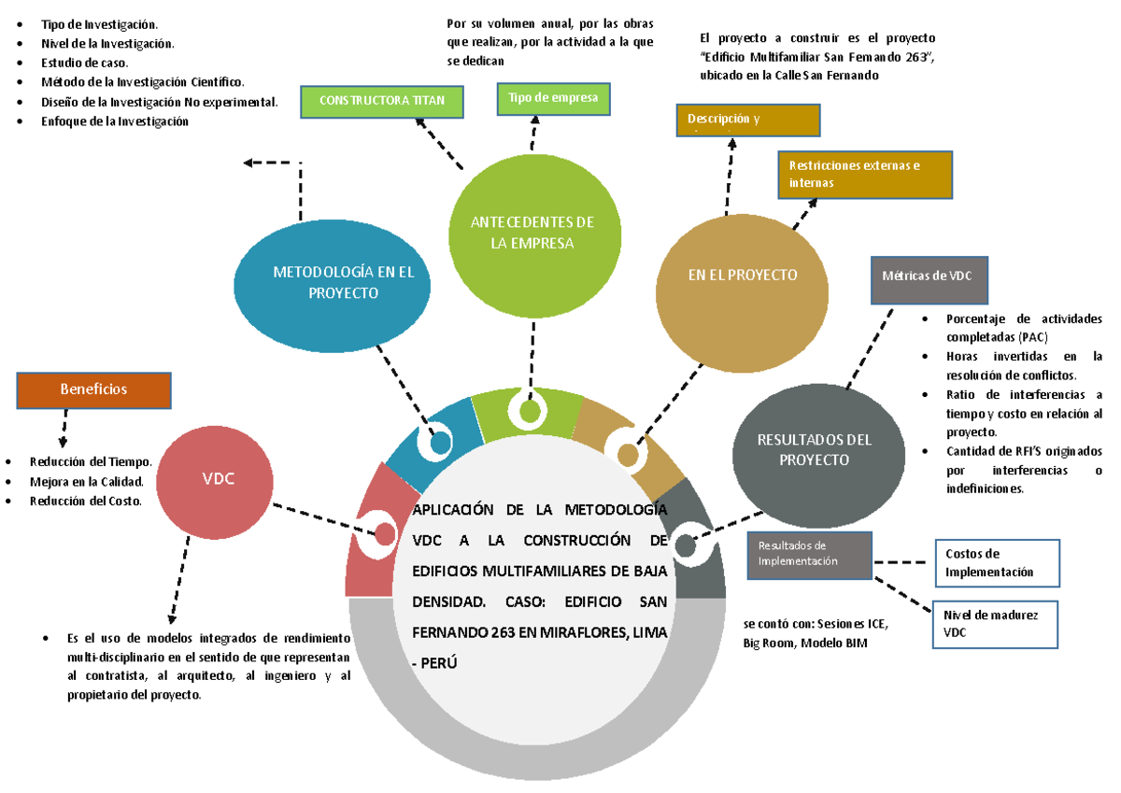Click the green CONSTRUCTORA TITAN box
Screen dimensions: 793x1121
382,101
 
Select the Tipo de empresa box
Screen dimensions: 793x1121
554,98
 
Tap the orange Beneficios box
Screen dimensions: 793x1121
94,389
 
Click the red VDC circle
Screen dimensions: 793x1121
219,478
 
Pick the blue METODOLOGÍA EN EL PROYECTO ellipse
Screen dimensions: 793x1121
332,282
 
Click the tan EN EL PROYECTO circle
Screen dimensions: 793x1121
742,276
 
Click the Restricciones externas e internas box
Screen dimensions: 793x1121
865,175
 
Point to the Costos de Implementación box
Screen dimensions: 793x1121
997,562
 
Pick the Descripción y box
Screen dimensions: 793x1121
747,120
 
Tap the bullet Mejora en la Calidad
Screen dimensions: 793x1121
86,482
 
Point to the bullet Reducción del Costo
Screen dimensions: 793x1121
85,502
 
